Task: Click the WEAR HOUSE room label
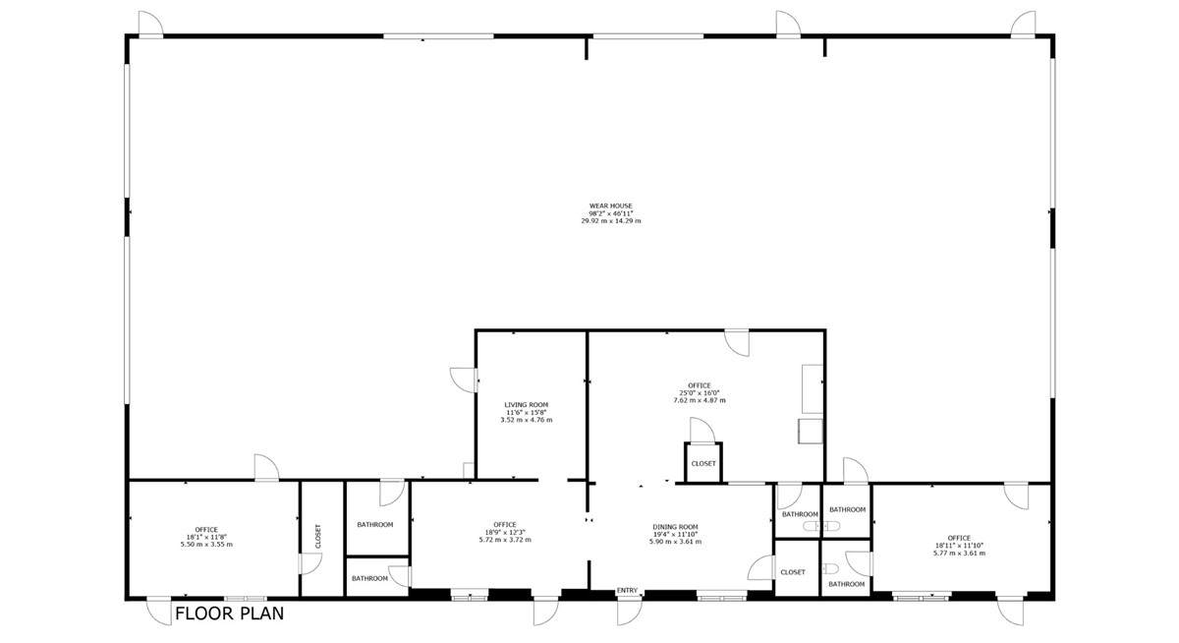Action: pyautogui.click(x=610, y=205)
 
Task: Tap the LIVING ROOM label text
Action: pyautogui.click(x=527, y=405)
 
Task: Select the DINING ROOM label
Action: pyautogui.click(x=675, y=527)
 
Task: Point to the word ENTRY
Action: pyautogui.click(x=627, y=590)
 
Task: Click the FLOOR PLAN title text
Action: pyautogui.click(x=230, y=614)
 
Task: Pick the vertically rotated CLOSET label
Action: pyautogui.click(x=318, y=536)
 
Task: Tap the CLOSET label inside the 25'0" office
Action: pyautogui.click(x=703, y=463)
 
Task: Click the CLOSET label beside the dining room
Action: pyautogui.click(x=793, y=572)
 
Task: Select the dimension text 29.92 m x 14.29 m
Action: pyautogui.click(x=611, y=221)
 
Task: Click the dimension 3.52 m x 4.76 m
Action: pyautogui.click(x=527, y=420)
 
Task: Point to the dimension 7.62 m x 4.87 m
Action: pyautogui.click(x=700, y=400)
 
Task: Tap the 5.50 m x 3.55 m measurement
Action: pyautogui.click(x=206, y=545)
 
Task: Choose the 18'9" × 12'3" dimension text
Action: pyautogui.click(x=505, y=532)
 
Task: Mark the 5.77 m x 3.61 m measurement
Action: pyautogui.click(x=960, y=554)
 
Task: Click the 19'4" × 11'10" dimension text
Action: pyautogui.click(x=675, y=534)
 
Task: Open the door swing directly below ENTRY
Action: pyautogui.click(x=630, y=611)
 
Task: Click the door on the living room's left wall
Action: pyautogui.click(x=463, y=380)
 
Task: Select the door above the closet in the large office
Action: pyautogui.click(x=702, y=430)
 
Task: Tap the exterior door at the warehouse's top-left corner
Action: pyautogui.click(x=151, y=25)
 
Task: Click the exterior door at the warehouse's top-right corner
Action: pyautogui.click(x=1023, y=25)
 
